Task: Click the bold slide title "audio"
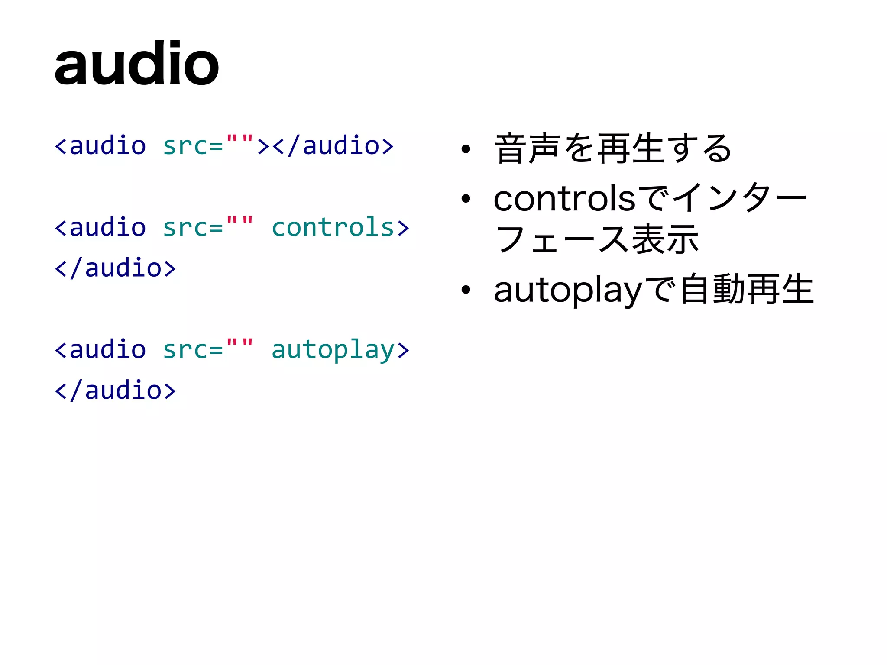tap(136, 64)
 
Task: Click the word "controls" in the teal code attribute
tap(333, 227)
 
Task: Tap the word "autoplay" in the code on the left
tap(333, 350)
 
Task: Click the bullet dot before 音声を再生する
tap(466, 149)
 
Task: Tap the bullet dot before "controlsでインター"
tap(466, 199)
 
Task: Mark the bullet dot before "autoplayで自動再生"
tap(466, 290)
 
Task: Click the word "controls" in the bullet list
tap(564, 199)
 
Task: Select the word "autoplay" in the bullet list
tap(567, 291)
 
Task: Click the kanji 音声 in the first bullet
tap(527, 148)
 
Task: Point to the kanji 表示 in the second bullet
tap(665, 239)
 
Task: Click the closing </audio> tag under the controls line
tap(115, 268)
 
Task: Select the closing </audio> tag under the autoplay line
tap(115, 391)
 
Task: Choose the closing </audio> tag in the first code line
tap(333, 146)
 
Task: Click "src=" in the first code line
tap(193, 146)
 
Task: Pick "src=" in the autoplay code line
tap(193, 350)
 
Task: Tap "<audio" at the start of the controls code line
tap(100, 227)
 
